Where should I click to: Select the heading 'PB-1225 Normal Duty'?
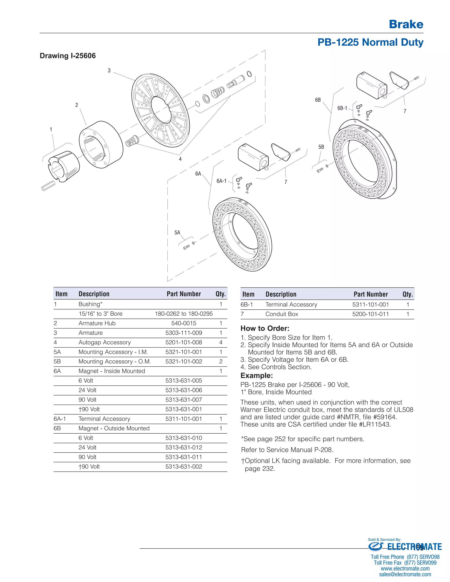[x=370, y=42]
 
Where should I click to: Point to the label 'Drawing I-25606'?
[x=68, y=56]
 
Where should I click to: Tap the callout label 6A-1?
[x=221, y=181]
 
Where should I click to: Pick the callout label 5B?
[x=321, y=147]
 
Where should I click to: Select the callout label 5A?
[x=177, y=233]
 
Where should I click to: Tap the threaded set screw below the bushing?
[x=49, y=186]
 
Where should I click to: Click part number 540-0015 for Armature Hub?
[x=184, y=323]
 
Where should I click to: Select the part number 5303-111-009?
[x=184, y=333]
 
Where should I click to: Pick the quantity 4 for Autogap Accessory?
[x=221, y=342]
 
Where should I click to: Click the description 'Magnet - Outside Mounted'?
[x=114, y=428]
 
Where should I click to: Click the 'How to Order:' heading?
[x=265, y=328]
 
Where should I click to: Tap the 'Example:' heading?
[x=256, y=376]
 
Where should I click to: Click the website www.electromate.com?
[x=405, y=569]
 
